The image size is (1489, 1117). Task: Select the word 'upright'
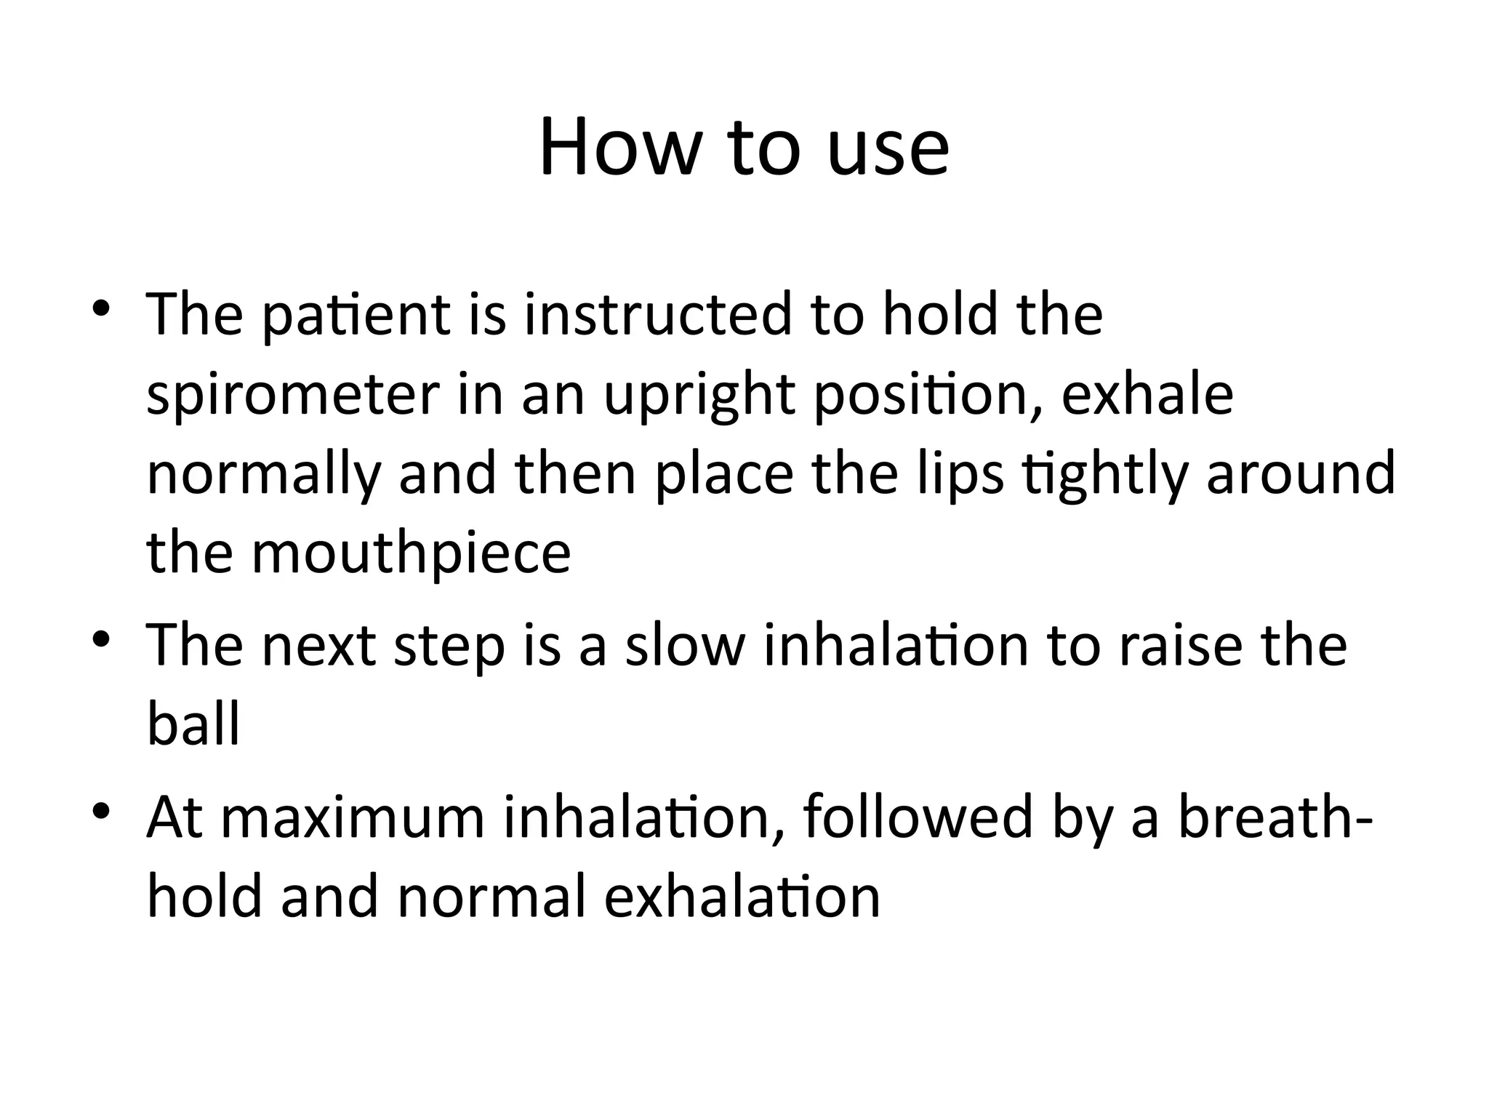pos(699,396)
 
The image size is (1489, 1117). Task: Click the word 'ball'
pos(193,724)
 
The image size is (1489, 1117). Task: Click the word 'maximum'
pos(352,818)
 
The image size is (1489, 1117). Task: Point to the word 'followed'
pos(918,818)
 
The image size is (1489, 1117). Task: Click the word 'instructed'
pos(657,316)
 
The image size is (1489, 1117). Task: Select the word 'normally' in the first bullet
pos(264,475)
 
